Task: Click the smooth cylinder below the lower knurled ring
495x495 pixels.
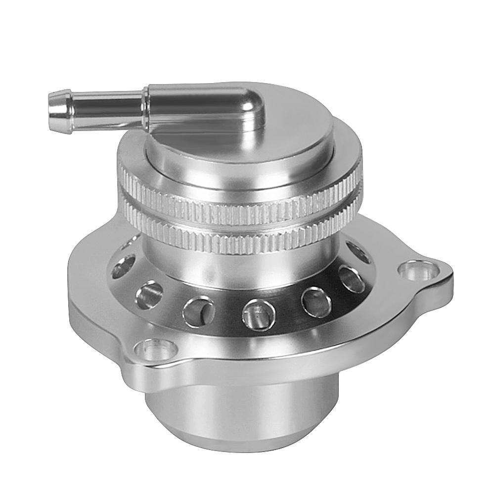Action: tap(237, 262)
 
